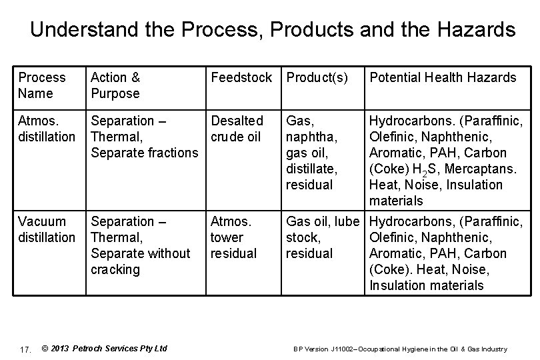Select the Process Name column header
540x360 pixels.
pyautogui.click(x=42, y=85)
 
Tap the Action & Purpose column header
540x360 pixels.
pyautogui.click(x=115, y=85)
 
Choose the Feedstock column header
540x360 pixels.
pyautogui.click(x=241, y=77)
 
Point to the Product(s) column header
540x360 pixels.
pyautogui.click(x=317, y=77)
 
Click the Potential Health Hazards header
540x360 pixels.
pyautogui.click(x=443, y=77)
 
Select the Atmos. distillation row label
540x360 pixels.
pyautogui.click(x=47, y=129)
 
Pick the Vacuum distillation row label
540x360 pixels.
pyautogui.click(x=47, y=229)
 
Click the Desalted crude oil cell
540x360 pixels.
pyautogui.click(x=237, y=129)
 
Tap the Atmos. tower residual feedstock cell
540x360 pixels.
pyautogui.click(x=233, y=237)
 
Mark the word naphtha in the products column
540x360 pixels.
pyautogui.click(x=311, y=137)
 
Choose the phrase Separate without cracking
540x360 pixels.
pyautogui.click(x=140, y=261)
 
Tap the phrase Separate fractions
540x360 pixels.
pyautogui.click(x=144, y=153)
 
